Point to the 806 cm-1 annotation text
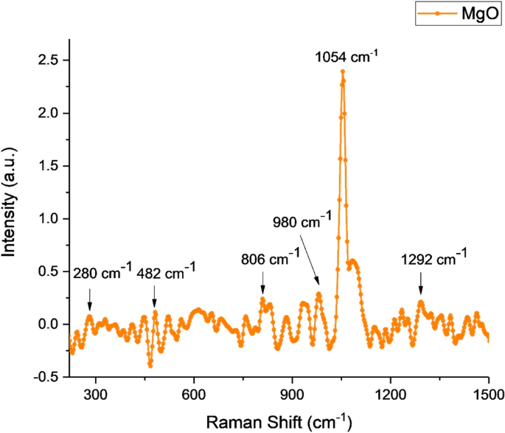[x=270, y=259]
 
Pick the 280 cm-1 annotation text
[x=102, y=274]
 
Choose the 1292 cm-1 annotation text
[x=434, y=258]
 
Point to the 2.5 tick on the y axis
[x=50, y=60]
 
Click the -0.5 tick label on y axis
[x=48, y=377]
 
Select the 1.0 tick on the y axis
[x=50, y=218]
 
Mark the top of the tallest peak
[x=343, y=71]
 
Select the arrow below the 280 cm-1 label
[x=89, y=299]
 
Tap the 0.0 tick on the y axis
[x=50, y=324]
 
